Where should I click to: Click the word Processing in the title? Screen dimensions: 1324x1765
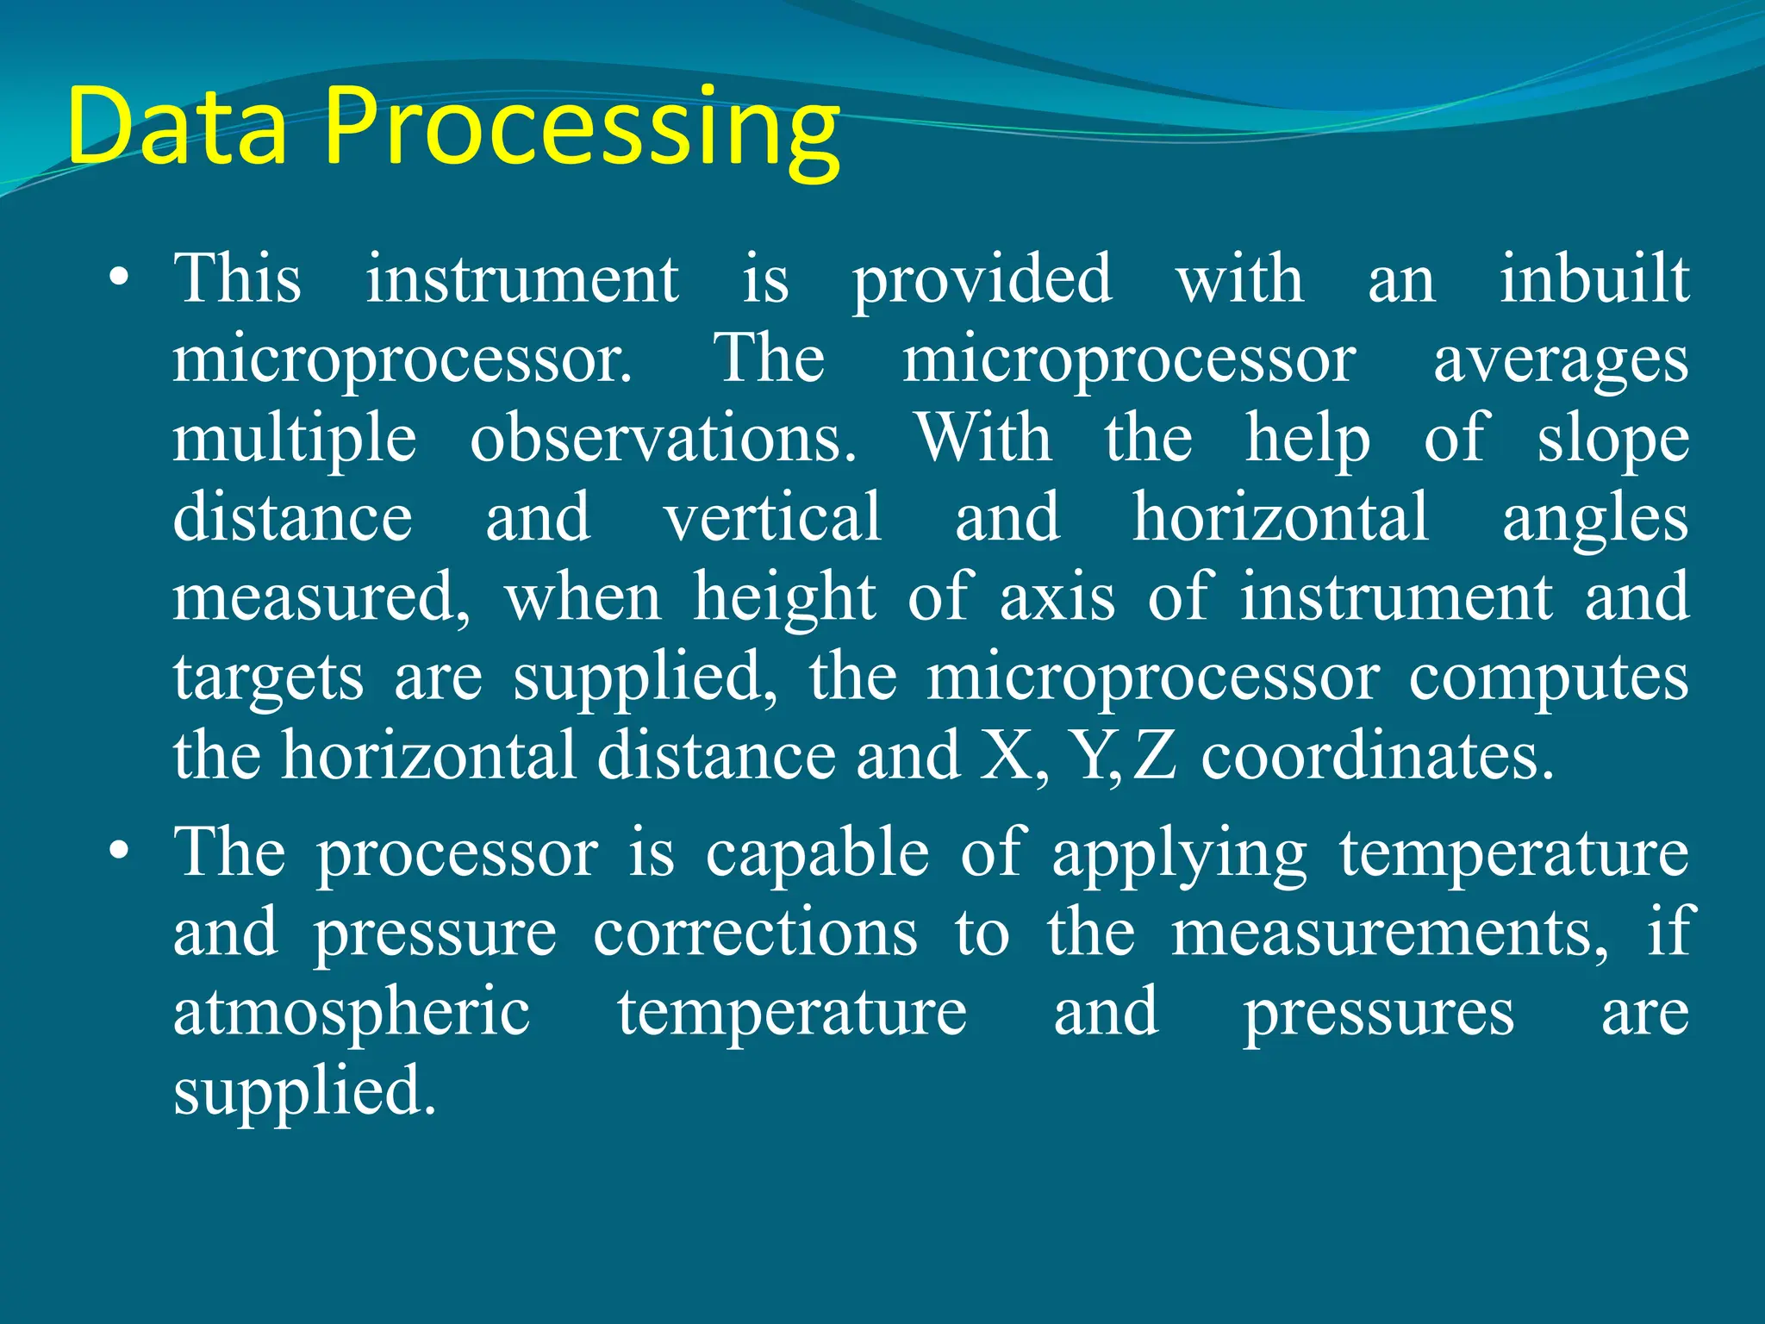[x=582, y=129]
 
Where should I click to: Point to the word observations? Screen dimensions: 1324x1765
[x=663, y=438]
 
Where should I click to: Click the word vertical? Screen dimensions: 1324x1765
[x=772, y=517]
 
